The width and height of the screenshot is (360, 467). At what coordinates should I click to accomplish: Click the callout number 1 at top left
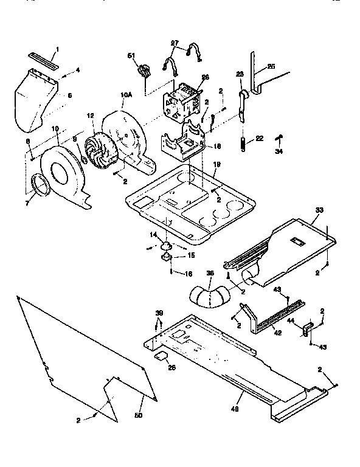(x=58, y=49)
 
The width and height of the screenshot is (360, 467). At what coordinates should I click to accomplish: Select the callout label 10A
(x=126, y=94)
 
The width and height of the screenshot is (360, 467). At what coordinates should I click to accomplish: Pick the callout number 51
(x=130, y=56)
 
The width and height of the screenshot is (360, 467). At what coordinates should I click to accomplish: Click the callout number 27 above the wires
(x=175, y=43)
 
